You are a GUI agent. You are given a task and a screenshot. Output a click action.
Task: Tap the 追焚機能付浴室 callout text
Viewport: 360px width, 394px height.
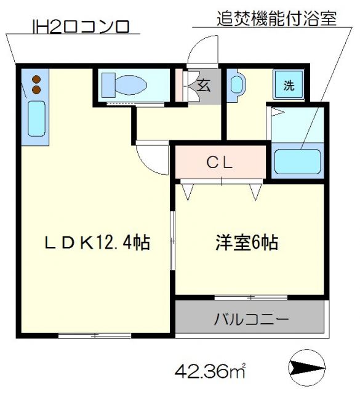(277, 18)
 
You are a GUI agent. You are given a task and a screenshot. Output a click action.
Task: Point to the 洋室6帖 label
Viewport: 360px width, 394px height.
(246, 242)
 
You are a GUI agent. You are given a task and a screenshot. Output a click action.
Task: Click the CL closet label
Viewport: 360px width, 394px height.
(219, 163)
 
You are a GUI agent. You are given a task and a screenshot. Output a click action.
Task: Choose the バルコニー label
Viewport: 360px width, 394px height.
(251, 320)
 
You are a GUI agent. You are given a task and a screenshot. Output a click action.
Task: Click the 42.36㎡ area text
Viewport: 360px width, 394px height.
(210, 371)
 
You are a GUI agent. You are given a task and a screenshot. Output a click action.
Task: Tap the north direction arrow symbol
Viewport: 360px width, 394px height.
(306, 368)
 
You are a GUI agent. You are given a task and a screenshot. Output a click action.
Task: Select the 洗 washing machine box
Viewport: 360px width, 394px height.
(288, 86)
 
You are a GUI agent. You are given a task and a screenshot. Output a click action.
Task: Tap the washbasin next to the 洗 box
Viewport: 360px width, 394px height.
(237, 84)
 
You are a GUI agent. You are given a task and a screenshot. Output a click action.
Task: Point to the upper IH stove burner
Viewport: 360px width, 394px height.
(36, 79)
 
